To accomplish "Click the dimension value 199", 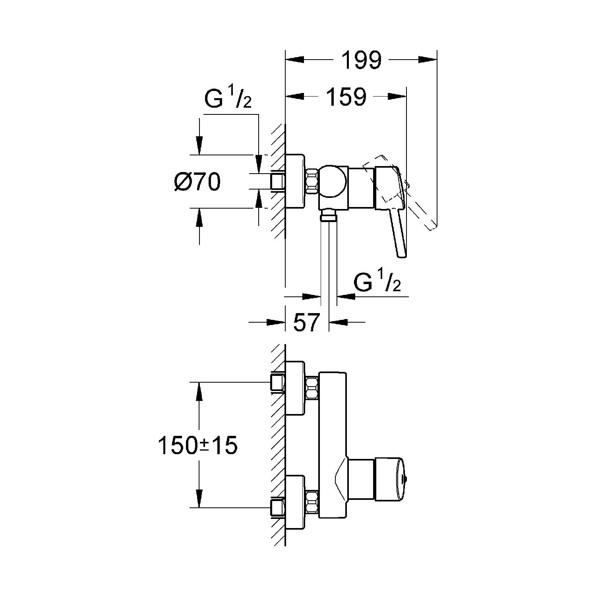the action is tap(362, 60).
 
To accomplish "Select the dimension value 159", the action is tap(346, 97).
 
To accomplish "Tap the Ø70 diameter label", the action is tap(197, 182).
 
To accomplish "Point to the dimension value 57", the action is tap(307, 322).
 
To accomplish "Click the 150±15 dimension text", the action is tap(197, 445).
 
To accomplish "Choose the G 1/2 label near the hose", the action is tap(377, 282).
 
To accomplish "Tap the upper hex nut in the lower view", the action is tap(312, 388).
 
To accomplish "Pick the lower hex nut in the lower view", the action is tap(312, 502).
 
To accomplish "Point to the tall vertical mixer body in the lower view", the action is tap(333, 445).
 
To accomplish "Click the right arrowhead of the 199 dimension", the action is tap(428, 60).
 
